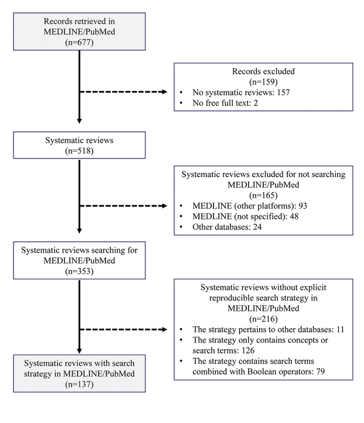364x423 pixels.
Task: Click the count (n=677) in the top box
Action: tap(79, 42)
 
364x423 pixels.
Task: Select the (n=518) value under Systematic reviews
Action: tap(79, 151)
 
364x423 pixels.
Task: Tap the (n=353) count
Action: tap(79, 271)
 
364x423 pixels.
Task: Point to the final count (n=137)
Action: tap(79, 384)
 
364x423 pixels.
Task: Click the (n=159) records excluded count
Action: tap(263, 82)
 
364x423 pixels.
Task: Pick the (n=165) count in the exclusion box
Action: tap(263, 195)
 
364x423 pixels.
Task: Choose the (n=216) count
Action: tap(263, 319)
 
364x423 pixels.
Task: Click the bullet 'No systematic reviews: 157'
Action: tap(241, 92)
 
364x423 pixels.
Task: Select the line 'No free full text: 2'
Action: tap(225, 103)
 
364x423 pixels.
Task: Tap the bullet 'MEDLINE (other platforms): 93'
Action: tap(250, 206)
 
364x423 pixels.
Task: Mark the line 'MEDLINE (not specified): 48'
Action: tap(246, 217)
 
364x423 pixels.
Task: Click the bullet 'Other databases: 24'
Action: tap(227, 227)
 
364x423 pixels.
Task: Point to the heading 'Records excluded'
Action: tap(263, 71)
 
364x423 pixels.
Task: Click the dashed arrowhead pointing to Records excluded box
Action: tap(165, 92)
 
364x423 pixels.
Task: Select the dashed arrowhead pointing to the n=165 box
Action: tap(165, 206)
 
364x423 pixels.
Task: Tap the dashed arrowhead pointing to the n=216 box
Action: tap(165, 329)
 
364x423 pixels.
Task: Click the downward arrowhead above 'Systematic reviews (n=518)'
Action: tap(79, 121)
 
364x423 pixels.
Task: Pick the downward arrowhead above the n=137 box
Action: tap(79, 351)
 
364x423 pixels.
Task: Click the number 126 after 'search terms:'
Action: tap(248, 350)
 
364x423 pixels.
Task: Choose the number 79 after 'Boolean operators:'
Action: tap(321, 372)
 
